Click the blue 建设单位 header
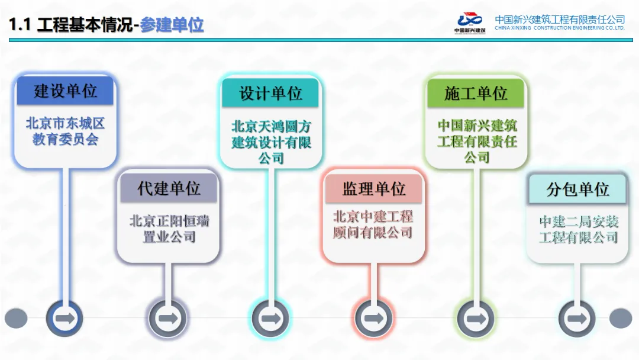point(65,91)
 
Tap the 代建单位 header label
point(169,188)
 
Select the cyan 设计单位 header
point(270,94)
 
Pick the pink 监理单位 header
point(373,188)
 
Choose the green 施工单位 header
point(476,94)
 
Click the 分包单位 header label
point(577,189)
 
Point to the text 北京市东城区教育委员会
point(65,131)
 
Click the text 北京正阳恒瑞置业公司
point(169,229)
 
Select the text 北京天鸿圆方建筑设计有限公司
point(270,142)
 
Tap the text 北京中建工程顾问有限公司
point(373,224)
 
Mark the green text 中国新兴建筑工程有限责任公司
point(476,142)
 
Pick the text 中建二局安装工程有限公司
point(578,230)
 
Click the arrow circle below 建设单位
point(65,319)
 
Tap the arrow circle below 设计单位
point(270,319)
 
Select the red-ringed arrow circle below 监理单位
point(373,319)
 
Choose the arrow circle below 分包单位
point(577,319)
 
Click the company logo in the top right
point(470,22)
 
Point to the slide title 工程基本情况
point(85,25)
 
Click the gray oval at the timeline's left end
point(16,319)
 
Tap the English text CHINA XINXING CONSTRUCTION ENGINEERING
point(559,28)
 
